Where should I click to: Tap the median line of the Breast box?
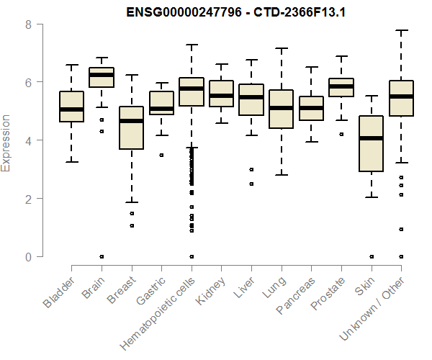click(131, 121)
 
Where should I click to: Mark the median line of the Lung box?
click(281, 108)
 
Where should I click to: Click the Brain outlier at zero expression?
click(102, 256)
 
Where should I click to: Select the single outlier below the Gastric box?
click(161, 155)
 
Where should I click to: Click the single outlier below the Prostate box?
click(341, 135)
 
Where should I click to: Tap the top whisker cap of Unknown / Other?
click(400, 31)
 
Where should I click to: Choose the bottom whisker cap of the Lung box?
click(281, 175)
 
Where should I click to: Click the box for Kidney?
click(221, 94)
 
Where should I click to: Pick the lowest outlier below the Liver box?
click(251, 184)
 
